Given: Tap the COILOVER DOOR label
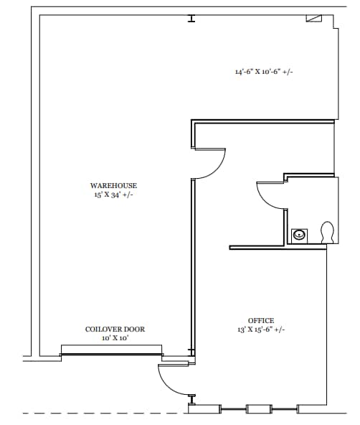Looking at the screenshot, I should [x=115, y=330].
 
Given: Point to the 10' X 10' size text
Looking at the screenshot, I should [x=115, y=337].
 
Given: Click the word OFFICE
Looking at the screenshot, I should [x=260, y=321].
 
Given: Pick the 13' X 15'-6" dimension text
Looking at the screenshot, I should [x=253, y=330].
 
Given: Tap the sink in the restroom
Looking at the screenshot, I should [x=300, y=234].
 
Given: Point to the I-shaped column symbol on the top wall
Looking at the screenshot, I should [x=191, y=19].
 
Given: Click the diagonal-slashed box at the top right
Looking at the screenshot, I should [x=314, y=19].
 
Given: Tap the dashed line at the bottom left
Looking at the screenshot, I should [x=93, y=413].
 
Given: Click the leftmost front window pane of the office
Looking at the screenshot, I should [x=233, y=409].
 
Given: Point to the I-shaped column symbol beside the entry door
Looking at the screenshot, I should [x=191, y=397].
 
